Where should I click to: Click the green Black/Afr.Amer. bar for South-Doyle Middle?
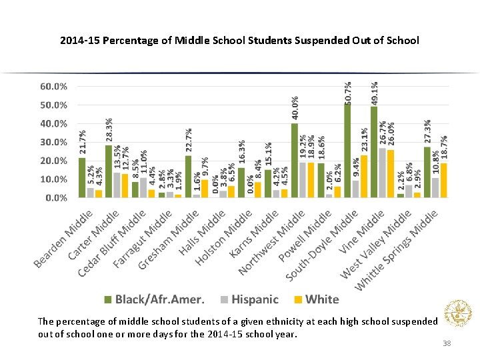(x=347, y=151)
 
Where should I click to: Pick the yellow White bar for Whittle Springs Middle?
(x=444, y=180)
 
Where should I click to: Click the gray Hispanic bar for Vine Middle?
(x=382, y=173)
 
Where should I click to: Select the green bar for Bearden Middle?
(x=82, y=177)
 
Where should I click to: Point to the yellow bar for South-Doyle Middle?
(x=364, y=176)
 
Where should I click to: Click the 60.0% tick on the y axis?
(x=53, y=87)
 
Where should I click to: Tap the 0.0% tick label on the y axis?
(x=56, y=198)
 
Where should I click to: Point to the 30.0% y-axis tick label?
(x=53, y=142)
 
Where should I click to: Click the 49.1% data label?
(x=375, y=93)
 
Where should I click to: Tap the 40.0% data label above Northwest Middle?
(x=295, y=108)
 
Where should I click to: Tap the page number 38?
(x=447, y=343)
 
